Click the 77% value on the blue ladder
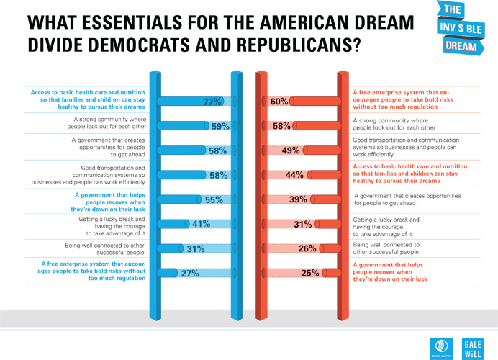click(x=212, y=102)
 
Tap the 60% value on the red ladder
click(x=279, y=102)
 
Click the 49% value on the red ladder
click(x=290, y=150)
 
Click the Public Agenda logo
click(x=438, y=346)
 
